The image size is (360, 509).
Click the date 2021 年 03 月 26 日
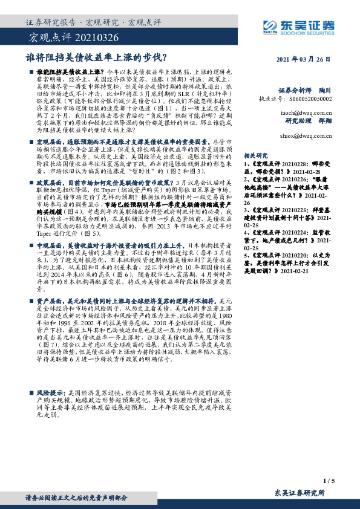click(x=305, y=59)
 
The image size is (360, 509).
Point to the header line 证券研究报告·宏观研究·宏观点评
click(x=93, y=22)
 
